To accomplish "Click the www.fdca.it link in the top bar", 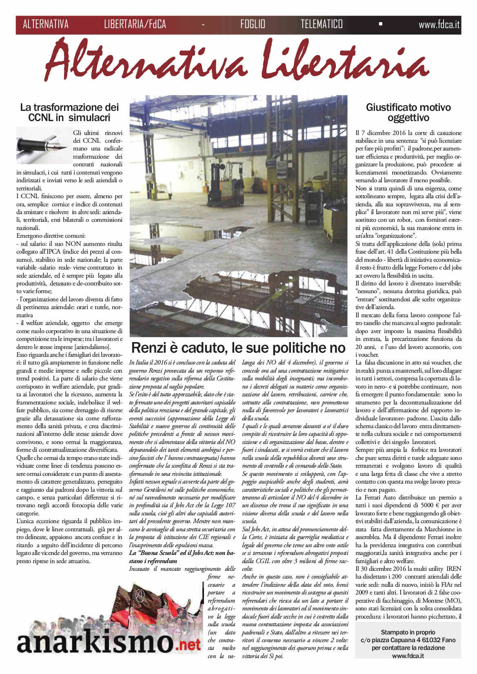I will point(439,24).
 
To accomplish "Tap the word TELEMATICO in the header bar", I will point(322,24).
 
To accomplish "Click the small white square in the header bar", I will point(381,24).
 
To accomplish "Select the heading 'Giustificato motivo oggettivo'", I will point(408,113).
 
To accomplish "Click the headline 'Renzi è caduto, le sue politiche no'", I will point(238,348).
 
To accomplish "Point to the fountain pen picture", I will point(43,145).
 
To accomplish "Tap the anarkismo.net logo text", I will point(109,643).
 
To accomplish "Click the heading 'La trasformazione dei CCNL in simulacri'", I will point(69,113).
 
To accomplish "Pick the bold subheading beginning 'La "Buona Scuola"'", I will point(182,557).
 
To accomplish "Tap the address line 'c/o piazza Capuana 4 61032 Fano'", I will point(408,640).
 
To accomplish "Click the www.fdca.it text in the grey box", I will point(408,656).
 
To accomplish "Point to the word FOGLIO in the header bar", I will point(253,24).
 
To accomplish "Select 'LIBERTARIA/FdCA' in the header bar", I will point(135,24).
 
